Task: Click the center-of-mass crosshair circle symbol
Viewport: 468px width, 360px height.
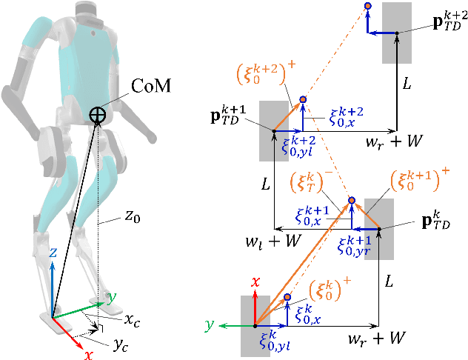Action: point(98,114)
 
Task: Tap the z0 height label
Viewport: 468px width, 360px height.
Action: point(133,217)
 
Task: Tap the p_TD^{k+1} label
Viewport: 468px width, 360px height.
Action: point(235,117)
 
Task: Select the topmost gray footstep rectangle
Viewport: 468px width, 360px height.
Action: point(397,33)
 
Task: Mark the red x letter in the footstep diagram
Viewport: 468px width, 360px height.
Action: point(255,282)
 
